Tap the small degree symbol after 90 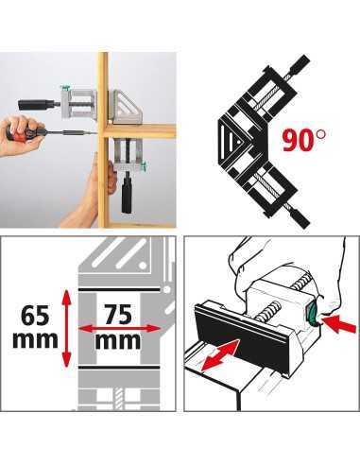click(321, 134)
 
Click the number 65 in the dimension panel click(35, 316)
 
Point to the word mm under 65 click(35, 339)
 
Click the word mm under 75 click(118, 341)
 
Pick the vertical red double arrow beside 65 click(66, 329)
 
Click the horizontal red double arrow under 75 click(120, 329)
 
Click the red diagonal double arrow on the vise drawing click(220, 355)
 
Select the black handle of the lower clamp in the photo click(128, 193)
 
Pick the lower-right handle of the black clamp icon click(300, 219)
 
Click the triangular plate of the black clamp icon click(232, 142)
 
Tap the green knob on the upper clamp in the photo click(66, 88)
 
